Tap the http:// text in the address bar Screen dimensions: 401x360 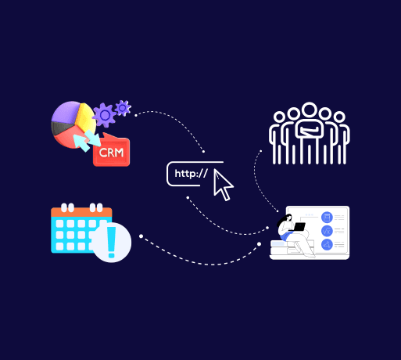(x=191, y=173)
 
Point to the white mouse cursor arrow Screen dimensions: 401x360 (x=222, y=184)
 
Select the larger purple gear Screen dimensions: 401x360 (x=105, y=115)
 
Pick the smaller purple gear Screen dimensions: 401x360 (x=123, y=108)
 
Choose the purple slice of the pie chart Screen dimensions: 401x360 (x=66, y=112)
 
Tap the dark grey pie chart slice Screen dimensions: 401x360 (x=60, y=128)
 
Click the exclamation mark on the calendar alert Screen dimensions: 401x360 (x=112, y=242)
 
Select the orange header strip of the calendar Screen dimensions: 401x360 (x=81, y=212)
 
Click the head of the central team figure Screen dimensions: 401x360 (x=310, y=110)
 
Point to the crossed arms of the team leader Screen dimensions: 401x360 (x=310, y=129)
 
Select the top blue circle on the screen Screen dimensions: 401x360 (x=327, y=217)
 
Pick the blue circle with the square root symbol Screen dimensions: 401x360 (x=327, y=231)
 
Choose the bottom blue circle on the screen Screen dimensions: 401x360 (x=327, y=245)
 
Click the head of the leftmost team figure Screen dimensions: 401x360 (x=279, y=117)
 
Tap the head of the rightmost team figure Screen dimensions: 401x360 (x=339, y=117)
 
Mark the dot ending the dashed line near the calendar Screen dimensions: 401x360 (x=141, y=236)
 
